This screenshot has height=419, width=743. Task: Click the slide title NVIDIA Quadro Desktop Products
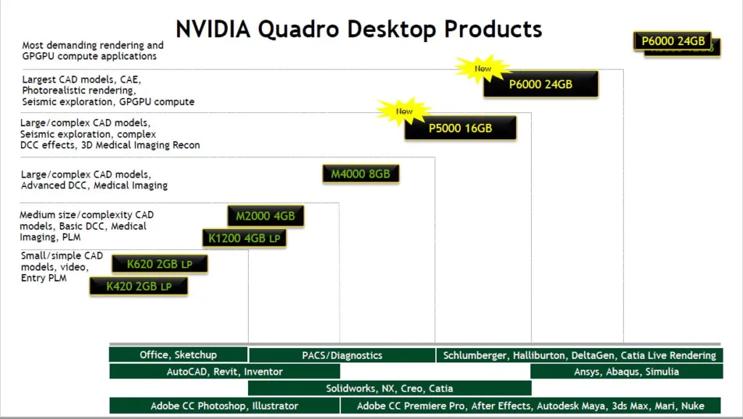click(x=359, y=29)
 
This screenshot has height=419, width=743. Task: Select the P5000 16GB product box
click(x=460, y=128)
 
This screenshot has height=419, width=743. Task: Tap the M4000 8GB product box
click(x=361, y=174)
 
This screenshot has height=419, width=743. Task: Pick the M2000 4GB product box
click(x=265, y=216)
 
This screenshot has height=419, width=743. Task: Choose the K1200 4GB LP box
click(x=244, y=238)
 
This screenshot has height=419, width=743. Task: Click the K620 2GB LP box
click(x=160, y=264)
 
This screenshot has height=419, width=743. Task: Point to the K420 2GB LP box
click(x=139, y=286)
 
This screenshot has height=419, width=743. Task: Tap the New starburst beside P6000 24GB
click(x=483, y=69)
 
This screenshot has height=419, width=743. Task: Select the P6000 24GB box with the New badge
click(x=541, y=84)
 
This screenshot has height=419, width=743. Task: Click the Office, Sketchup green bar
click(x=178, y=354)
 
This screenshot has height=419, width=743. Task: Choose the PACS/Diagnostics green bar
click(x=342, y=355)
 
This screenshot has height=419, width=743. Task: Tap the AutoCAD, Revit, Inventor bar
click(x=224, y=371)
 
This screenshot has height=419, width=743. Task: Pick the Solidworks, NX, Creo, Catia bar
click(x=389, y=388)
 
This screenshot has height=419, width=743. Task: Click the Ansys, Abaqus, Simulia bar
click(x=626, y=371)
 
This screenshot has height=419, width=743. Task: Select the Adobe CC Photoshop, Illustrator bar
click(x=224, y=405)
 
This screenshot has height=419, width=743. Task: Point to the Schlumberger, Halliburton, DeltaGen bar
click(x=579, y=355)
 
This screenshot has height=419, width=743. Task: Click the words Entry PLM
click(x=44, y=278)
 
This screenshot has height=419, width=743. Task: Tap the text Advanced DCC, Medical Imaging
click(x=94, y=186)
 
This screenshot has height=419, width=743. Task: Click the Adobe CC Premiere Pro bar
click(x=530, y=405)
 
